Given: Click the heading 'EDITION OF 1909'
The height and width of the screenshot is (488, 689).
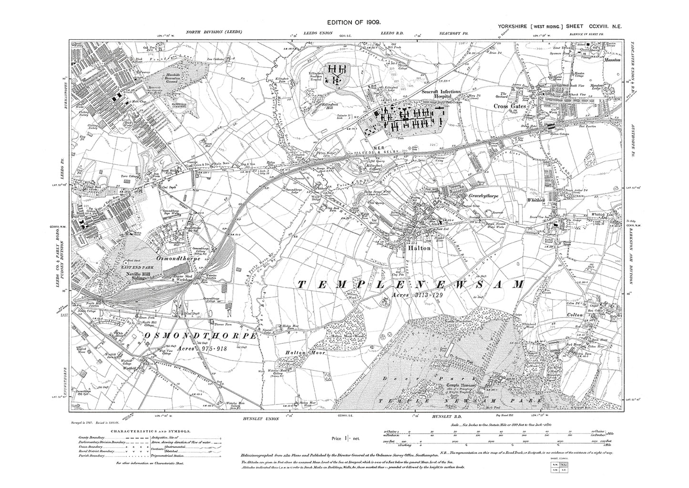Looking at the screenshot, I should (x=353, y=22).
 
